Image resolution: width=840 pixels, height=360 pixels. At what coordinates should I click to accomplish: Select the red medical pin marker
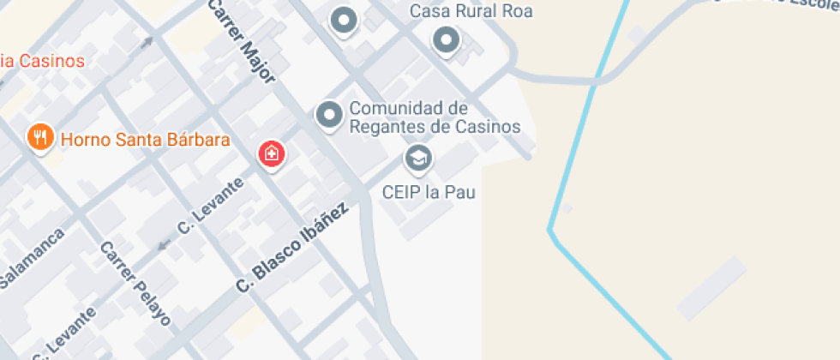click(272, 155)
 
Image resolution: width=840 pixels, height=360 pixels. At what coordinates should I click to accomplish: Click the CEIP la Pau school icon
click(418, 158)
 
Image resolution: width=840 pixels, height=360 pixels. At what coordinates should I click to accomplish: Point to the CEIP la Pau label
click(429, 192)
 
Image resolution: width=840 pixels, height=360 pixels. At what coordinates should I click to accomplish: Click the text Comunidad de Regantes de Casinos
click(435, 118)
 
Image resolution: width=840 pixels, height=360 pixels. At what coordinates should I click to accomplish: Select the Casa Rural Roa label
click(471, 11)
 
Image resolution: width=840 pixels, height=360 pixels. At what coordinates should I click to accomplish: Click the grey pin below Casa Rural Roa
click(446, 39)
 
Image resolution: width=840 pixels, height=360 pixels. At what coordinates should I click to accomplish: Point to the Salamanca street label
click(33, 258)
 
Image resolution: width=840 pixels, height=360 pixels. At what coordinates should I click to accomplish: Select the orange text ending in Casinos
click(42, 61)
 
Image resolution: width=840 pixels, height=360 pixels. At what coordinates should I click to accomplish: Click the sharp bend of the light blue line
click(549, 230)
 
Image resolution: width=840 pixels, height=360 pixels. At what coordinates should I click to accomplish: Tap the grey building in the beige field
click(711, 286)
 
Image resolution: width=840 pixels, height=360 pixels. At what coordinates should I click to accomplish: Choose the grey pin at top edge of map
click(344, 19)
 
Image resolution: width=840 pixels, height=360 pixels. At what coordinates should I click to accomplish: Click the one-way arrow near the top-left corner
click(148, 40)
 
